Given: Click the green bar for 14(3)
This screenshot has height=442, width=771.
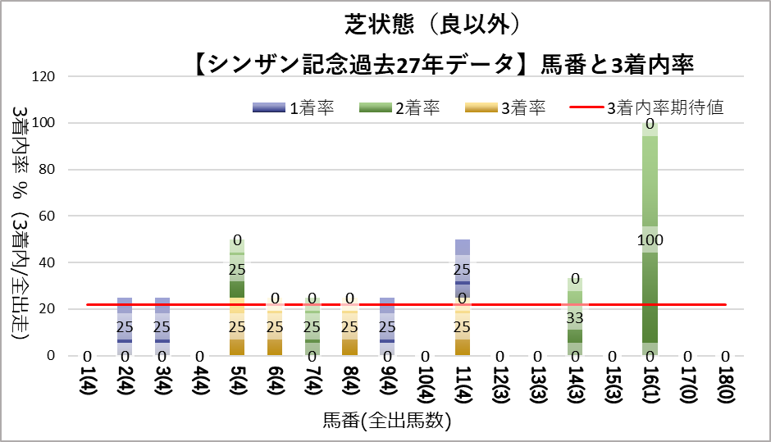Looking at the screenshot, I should click(575, 316).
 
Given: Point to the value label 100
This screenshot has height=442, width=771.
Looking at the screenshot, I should click(650, 239).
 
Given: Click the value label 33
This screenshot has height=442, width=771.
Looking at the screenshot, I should click(575, 316).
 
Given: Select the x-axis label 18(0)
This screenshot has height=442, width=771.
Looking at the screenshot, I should click(725, 394).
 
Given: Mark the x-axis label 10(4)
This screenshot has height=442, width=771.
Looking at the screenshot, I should click(425, 394).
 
